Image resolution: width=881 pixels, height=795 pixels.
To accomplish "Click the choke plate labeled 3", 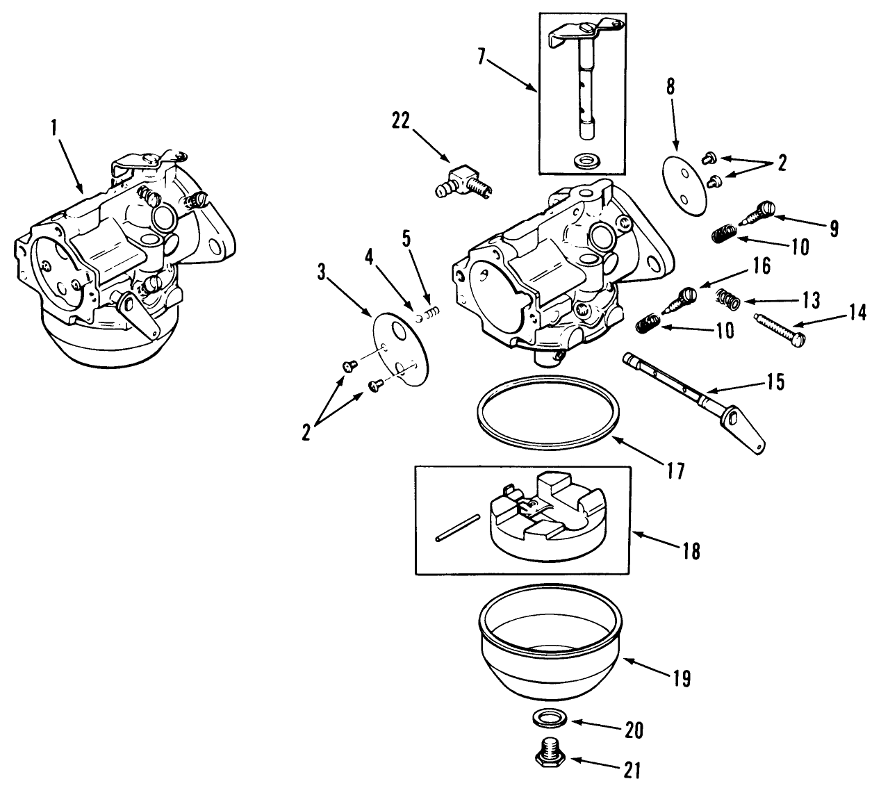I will coord(400,343).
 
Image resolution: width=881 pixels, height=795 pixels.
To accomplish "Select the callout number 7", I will coord(481,56).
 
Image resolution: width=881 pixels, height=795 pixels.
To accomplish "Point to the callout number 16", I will coord(761,267).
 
